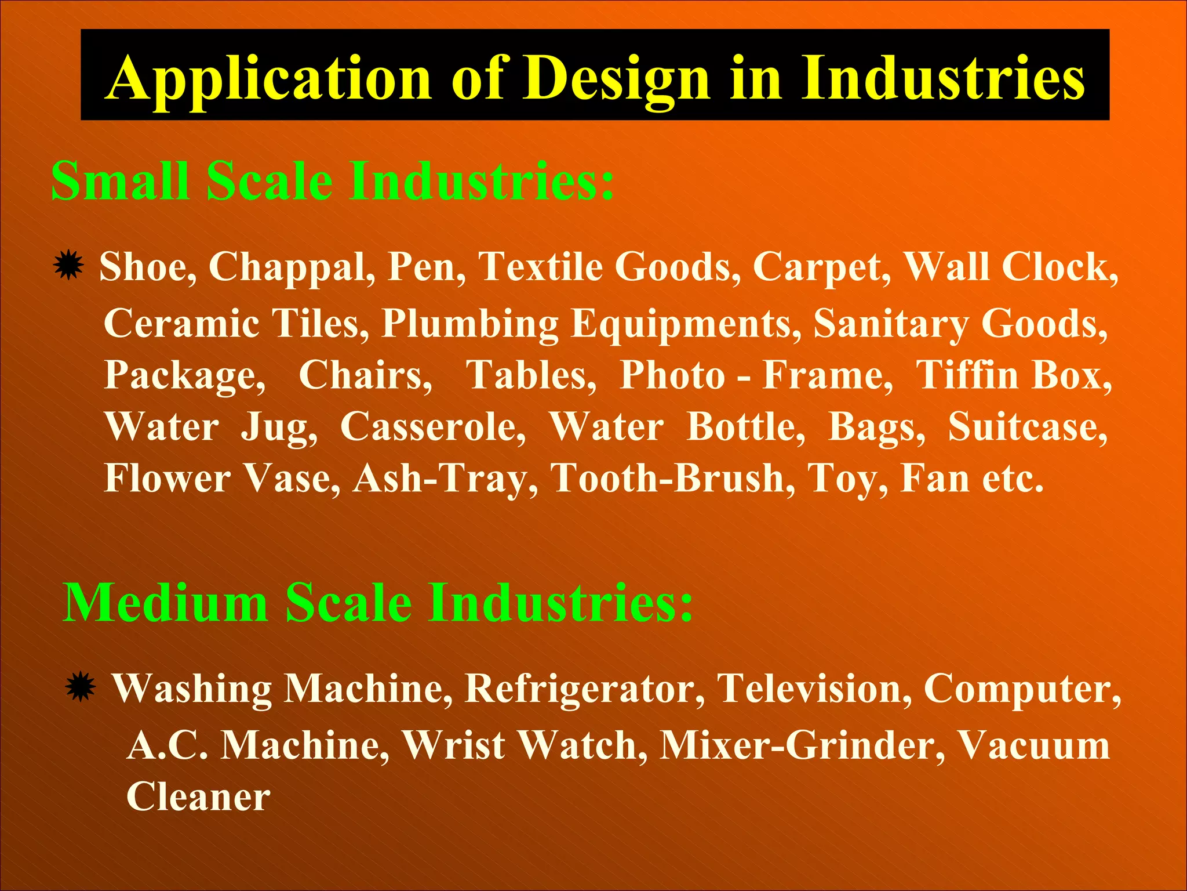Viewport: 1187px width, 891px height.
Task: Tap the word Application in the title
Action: (x=270, y=78)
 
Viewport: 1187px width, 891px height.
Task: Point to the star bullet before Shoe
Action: (x=68, y=266)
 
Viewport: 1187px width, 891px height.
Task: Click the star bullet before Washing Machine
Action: (x=80, y=687)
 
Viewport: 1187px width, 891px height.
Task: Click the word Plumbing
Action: (x=469, y=324)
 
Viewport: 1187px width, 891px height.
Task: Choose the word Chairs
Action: (x=365, y=375)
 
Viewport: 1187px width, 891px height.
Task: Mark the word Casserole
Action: (x=432, y=428)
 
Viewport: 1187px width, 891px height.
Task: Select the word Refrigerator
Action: (x=585, y=689)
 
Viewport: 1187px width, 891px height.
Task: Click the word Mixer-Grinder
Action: (x=802, y=745)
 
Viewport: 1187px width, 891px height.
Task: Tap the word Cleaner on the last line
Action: (x=198, y=797)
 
